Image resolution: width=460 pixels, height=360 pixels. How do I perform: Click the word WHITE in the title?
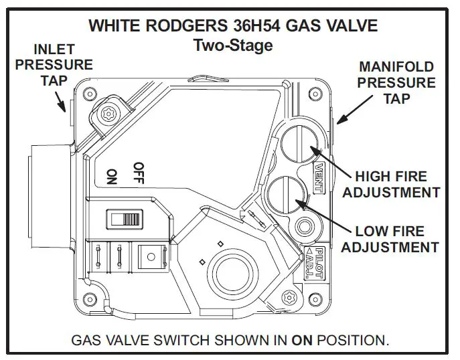pos(114,26)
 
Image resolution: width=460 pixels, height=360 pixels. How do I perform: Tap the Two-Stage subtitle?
pos(232,45)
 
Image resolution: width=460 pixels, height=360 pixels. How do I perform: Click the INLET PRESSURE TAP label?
pos(54,65)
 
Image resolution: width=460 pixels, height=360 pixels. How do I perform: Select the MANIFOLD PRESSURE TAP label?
pos(397,83)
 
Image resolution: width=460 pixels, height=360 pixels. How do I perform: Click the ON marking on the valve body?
pos(111,176)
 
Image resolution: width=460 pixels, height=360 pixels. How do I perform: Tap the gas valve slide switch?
pos(126,219)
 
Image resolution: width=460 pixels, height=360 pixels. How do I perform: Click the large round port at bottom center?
pos(231,271)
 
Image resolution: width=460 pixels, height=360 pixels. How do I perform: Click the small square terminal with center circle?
pos(148,255)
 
